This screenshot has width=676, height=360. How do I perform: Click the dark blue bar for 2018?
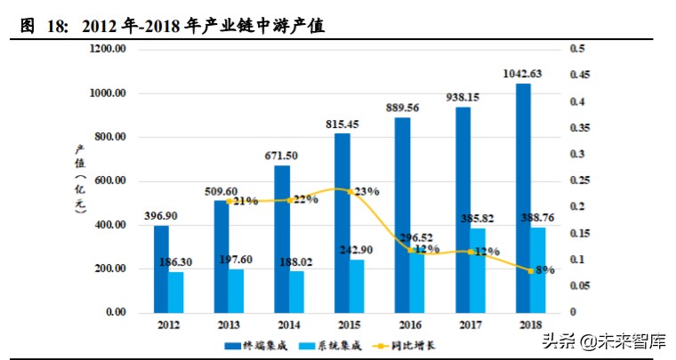click(x=523, y=197)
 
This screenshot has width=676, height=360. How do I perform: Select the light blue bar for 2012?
click(x=176, y=292)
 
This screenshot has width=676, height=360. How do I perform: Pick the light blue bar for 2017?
click(x=479, y=270)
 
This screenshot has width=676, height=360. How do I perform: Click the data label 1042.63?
click(x=524, y=75)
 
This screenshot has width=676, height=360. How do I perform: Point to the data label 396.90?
click(x=161, y=216)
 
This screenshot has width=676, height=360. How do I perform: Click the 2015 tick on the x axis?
click(x=349, y=324)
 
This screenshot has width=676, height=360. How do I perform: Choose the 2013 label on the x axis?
click(x=229, y=324)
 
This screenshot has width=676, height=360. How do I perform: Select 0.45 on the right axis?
click(x=580, y=76)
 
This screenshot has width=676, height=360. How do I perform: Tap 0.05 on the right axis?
click(x=580, y=286)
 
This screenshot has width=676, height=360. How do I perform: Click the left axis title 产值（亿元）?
click(x=79, y=180)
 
